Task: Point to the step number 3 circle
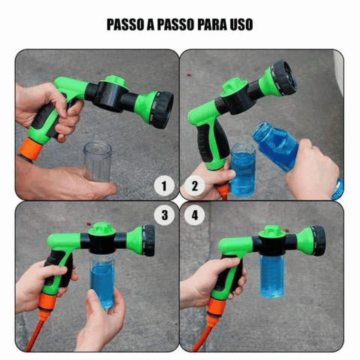pos(165,215)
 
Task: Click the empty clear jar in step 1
pos(97,161)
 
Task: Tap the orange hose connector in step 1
pos(30,149)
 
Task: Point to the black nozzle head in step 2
pos(284,77)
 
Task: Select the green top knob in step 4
pos(272,231)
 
